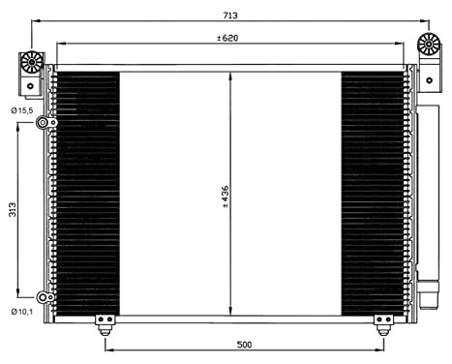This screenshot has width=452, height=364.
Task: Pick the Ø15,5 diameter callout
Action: (x=22, y=110)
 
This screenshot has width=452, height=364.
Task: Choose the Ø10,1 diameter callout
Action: (x=22, y=312)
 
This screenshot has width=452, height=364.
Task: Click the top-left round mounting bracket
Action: (x=31, y=64)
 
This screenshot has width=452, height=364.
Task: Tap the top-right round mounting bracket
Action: (x=428, y=45)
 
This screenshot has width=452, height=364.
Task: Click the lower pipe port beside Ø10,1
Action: (x=43, y=298)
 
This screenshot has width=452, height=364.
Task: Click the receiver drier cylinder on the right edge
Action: (x=427, y=194)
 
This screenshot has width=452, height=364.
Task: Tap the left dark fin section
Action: (x=87, y=194)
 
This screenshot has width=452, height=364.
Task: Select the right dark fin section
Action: (x=373, y=194)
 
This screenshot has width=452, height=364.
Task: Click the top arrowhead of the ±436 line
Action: (x=230, y=77)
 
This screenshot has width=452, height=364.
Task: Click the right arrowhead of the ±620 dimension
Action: (x=402, y=45)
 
